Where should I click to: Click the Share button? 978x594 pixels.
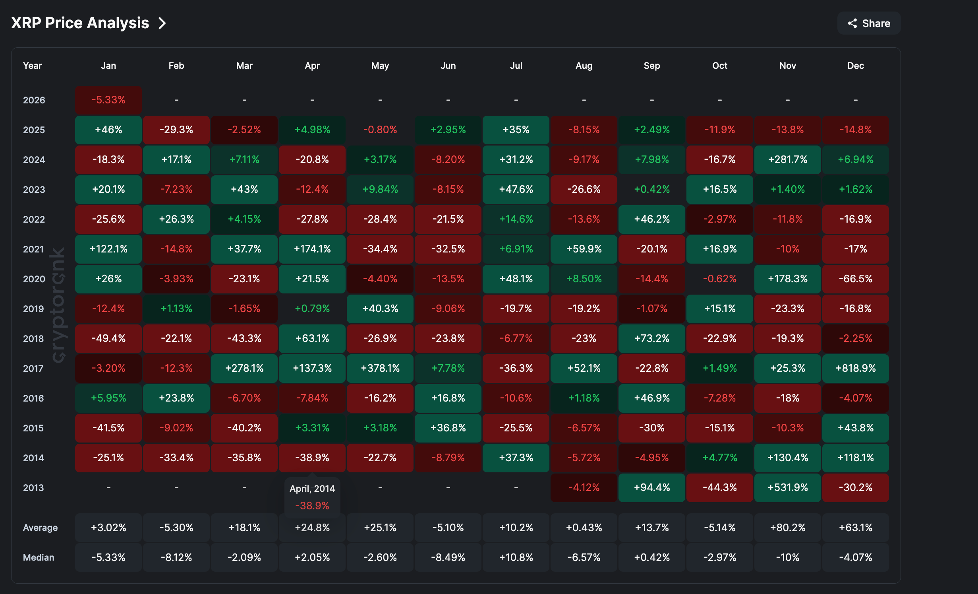click(x=869, y=23)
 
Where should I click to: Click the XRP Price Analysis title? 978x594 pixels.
click(x=80, y=23)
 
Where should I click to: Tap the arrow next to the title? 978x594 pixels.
click(x=162, y=23)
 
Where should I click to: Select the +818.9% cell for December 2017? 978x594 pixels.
click(x=855, y=368)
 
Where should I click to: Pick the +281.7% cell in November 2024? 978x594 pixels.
click(x=787, y=159)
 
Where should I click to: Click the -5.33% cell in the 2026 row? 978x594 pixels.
click(x=108, y=100)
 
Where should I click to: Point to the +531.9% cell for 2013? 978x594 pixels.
click(x=787, y=487)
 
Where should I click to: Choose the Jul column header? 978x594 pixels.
click(x=516, y=66)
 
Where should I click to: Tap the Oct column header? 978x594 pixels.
click(x=719, y=66)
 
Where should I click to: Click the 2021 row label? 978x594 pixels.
click(x=33, y=249)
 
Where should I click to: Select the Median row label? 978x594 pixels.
click(x=39, y=557)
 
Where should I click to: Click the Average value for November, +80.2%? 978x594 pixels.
click(x=787, y=528)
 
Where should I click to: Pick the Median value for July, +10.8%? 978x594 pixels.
click(x=516, y=557)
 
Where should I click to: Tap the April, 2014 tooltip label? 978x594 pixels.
click(x=312, y=489)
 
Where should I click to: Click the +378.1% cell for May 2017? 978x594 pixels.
click(x=380, y=368)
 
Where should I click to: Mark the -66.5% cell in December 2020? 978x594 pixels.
click(x=855, y=279)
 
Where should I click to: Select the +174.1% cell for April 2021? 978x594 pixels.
click(x=312, y=249)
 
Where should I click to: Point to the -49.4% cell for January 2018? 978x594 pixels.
click(x=108, y=338)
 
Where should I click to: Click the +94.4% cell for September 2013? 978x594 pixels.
click(x=651, y=487)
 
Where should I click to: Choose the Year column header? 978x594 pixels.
click(x=32, y=66)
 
